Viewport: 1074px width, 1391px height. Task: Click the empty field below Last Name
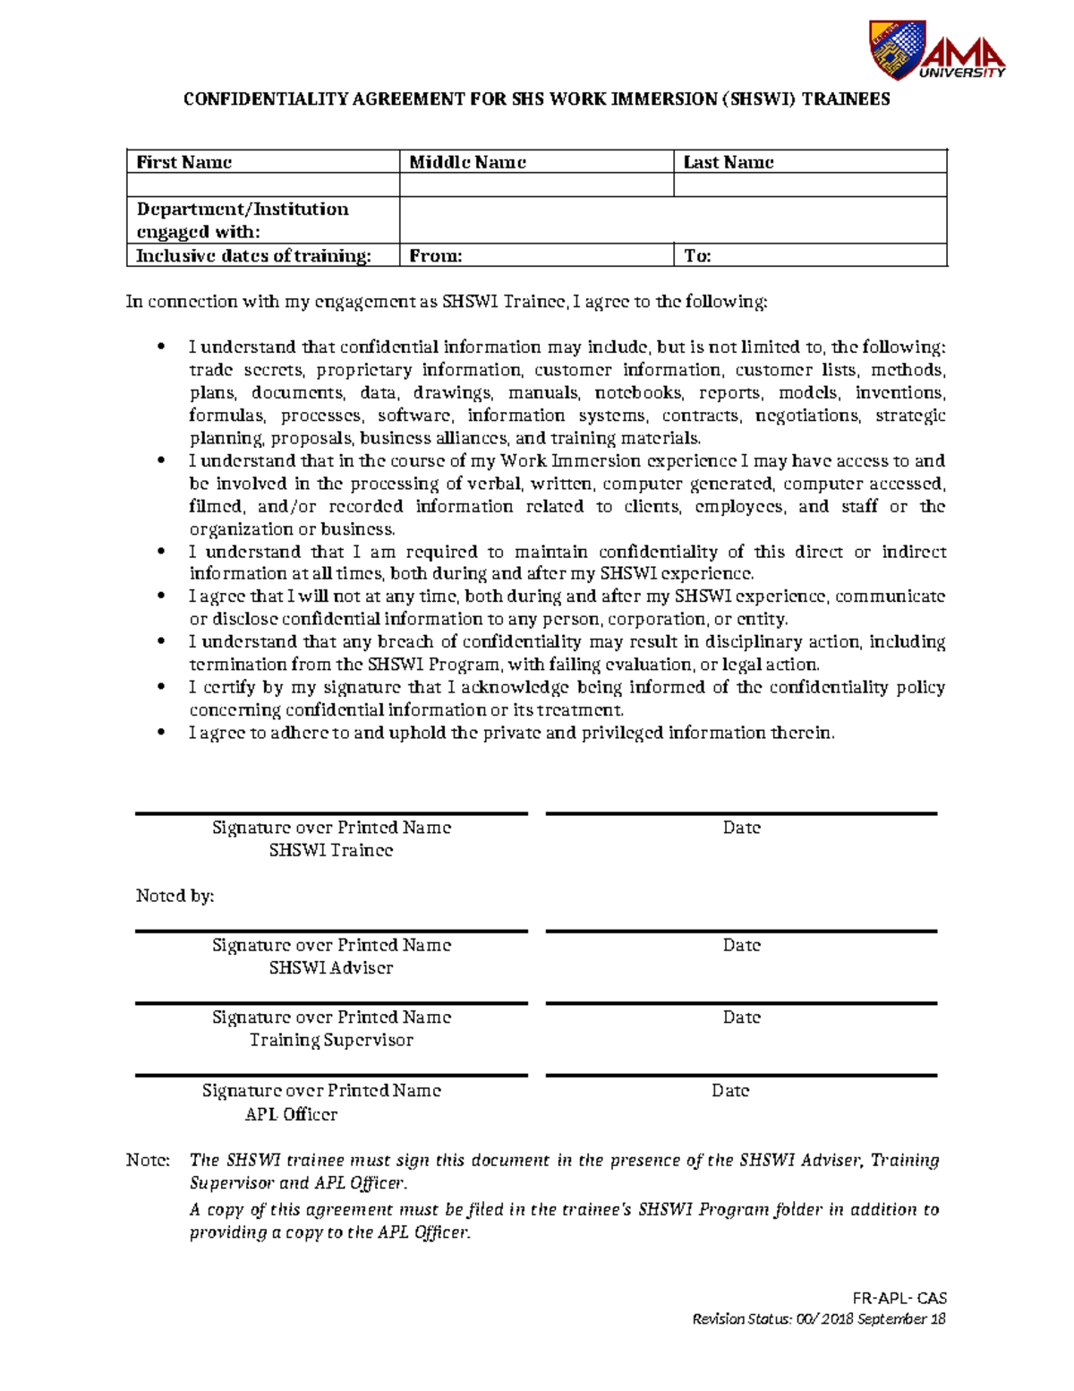(x=809, y=185)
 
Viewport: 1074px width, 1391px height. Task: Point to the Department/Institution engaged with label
(x=243, y=219)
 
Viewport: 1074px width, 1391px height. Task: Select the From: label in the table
(x=436, y=256)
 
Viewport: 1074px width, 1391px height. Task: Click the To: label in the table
(x=697, y=256)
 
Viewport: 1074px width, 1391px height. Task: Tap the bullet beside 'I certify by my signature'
(x=162, y=687)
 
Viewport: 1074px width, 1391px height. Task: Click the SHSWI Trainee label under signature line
(x=331, y=850)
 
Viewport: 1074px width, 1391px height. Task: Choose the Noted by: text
(x=175, y=896)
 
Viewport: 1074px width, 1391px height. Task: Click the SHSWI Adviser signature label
(x=331, y=967)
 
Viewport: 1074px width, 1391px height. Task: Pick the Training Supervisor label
(x=331, y=1040)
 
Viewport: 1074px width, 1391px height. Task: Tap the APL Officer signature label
(x=292, y=1114)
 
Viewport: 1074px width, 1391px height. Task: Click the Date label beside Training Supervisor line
(x=741, y=1017)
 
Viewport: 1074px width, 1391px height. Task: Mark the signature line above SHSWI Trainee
(x=331, y=814)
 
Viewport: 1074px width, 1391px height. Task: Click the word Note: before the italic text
(x=148, y=1160)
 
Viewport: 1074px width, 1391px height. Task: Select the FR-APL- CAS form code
(x=899, y=1298)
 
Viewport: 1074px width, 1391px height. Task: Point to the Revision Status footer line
(x=819, y=1318)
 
